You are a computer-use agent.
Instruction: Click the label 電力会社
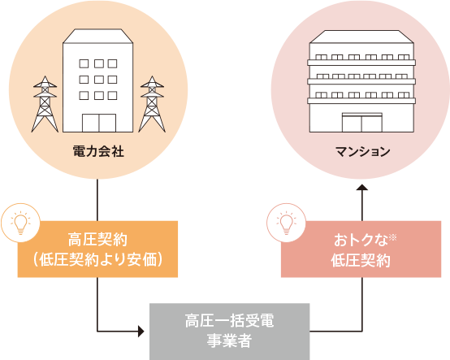(98, 151)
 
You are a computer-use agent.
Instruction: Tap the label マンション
(363, 151)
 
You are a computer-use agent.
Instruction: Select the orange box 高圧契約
(97, 249)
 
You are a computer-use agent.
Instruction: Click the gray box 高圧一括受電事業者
(230, 332)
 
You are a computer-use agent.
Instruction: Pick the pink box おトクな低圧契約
(361, 249)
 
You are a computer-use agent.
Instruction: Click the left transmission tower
(45, 104)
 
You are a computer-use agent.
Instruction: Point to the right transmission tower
(152, 104)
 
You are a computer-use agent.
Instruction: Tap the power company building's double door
(99, 123)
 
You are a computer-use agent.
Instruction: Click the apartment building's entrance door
(362, 123)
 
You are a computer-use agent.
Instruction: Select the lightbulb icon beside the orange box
(20, 223)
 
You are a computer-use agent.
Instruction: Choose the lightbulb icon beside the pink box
(286, 223)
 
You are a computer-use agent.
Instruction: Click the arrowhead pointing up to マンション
(362, 187)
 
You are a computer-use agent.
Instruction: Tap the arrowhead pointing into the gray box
(141, 332)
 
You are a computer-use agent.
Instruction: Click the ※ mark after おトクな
(392, 238)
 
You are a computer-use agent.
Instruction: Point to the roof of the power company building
(97, 37)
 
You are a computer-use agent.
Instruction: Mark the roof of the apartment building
(361, 37)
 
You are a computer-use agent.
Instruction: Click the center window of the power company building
(99, 80)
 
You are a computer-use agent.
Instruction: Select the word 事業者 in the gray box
(230, 341)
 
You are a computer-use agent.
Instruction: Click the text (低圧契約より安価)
(97, 259)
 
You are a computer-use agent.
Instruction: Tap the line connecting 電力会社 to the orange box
(97, 200)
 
